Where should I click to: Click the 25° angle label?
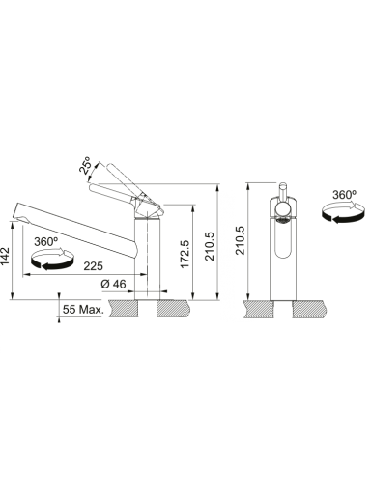coord(85,165)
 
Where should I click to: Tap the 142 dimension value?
coord(6,257)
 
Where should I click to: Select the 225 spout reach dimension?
coord(94,266)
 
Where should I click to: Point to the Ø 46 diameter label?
coord(113,284)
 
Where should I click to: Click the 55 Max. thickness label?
coord(83,310)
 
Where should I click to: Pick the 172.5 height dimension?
coord(185,254)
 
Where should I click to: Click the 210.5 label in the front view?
coord(241,240)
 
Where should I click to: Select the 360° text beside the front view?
coord(344,195)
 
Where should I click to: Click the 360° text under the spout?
coord(45,241)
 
